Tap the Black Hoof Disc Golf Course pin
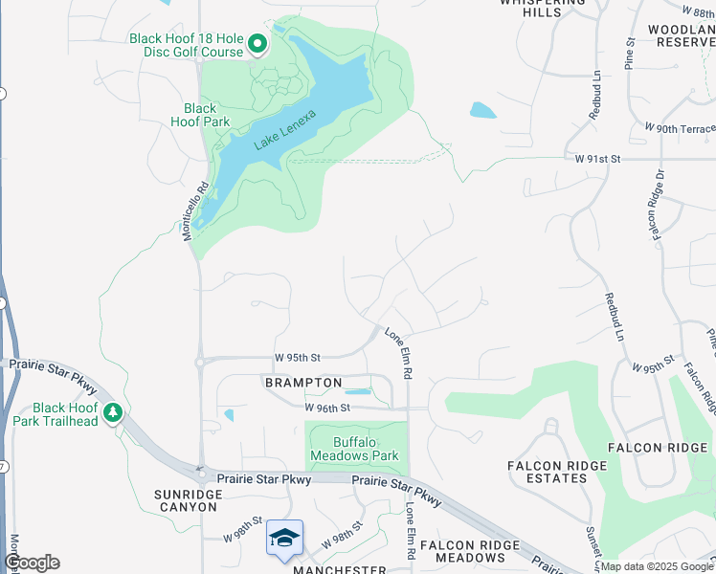pos(257,44)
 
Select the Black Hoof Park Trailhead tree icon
pos(114,413)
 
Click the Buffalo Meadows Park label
pos(353,449)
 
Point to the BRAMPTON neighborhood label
pos(303,383)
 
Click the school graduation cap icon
pos(284,538)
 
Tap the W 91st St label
pos(598,158)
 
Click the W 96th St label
pos(328,408)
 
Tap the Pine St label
pos(630,54)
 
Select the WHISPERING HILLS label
pos(542,8)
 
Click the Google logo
pos(31,563)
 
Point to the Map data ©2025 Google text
pos(656,566)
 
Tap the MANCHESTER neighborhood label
pos(339,569)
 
